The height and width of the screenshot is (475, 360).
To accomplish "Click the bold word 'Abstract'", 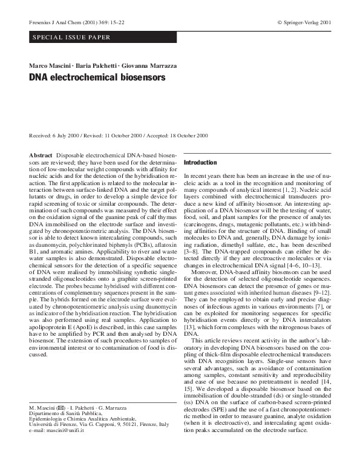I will click(41, 156).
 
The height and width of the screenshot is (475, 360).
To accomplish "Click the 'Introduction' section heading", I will click(200, 163).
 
